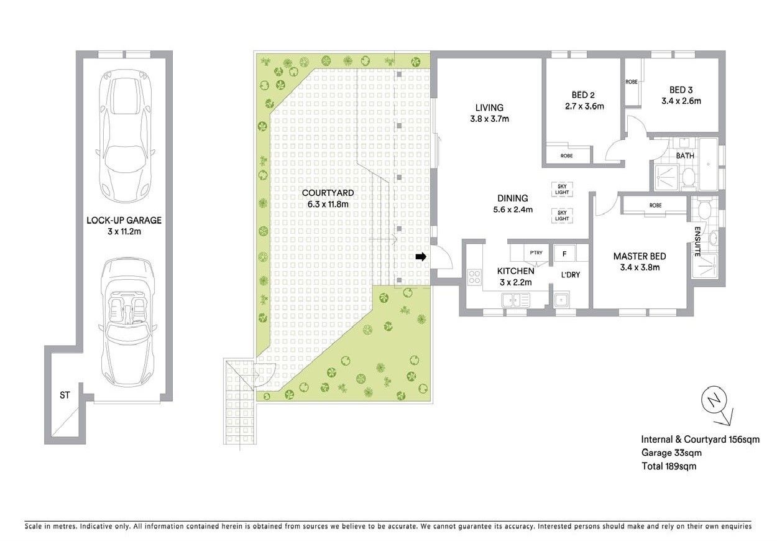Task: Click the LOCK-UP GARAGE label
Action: (x=124, y=220)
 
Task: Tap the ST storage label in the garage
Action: (x=64, y=395)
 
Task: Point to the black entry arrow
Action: (x=421, y=256)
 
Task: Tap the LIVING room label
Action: (x=489, y=108)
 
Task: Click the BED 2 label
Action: (x=583, y=95)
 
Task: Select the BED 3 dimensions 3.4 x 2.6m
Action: (x=681, y=101)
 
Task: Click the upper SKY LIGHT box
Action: (x=562, y=188)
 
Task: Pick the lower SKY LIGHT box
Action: (x=562, y=216)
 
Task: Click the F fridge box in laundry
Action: (x=564, y=254)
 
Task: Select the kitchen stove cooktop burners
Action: (x=474, y=276)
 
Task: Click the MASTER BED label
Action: (x=640, y=256)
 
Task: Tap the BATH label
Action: (x=685, y=156)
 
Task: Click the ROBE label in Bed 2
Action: (x=566, y=155)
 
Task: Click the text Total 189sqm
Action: (x=668, y=466)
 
